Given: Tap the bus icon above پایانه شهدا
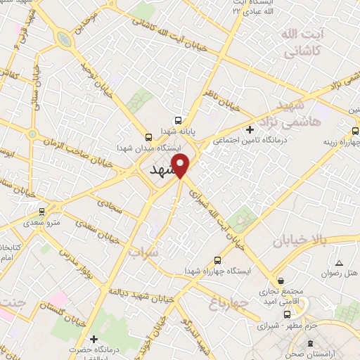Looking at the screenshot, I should pyautogui.click(x=177, y=120).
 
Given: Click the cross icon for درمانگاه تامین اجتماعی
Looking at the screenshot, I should pyautogui.click(x=250, y=129).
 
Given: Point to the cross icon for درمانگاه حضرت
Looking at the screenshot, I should pyautogui.click(x=94, y=340).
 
